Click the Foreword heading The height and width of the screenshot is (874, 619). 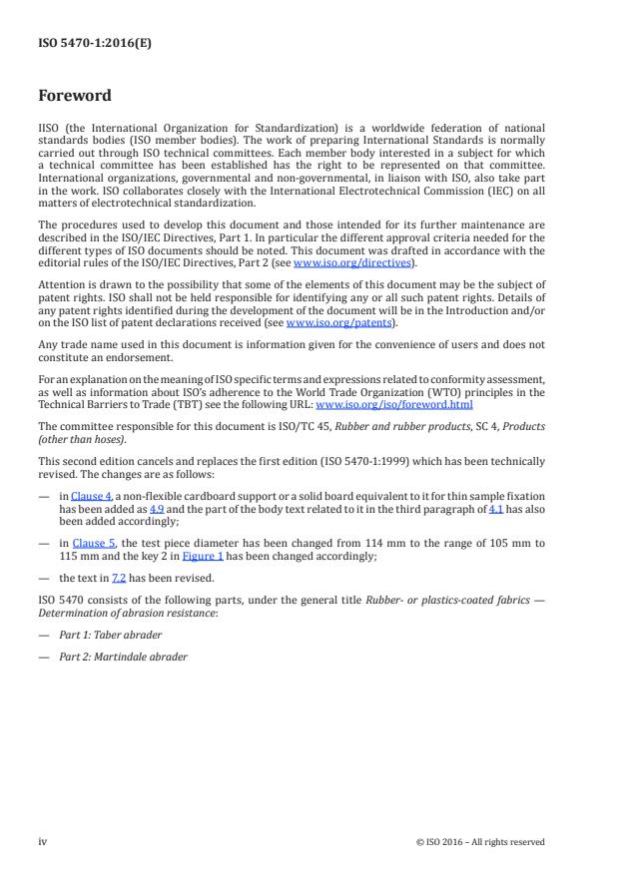74,96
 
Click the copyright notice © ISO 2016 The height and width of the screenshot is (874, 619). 480,842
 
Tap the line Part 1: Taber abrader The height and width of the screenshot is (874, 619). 116,636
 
